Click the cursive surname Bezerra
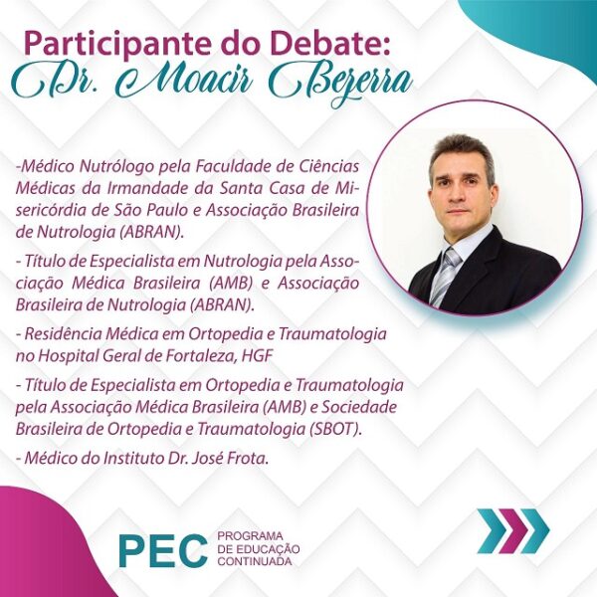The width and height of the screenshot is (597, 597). [x=341, y=86]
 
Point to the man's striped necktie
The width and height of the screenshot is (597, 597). [x=445, y=276]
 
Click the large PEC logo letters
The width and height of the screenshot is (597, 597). [x=163, y=550]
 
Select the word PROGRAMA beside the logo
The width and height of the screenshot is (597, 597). [x=250, y=536]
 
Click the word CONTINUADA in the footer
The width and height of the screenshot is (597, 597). [x=255, y=561]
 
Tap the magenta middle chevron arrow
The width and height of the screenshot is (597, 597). [x=513, y=530]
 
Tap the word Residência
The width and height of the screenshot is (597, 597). [x=64, y=334]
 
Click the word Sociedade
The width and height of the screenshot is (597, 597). [x=359, y=407]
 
